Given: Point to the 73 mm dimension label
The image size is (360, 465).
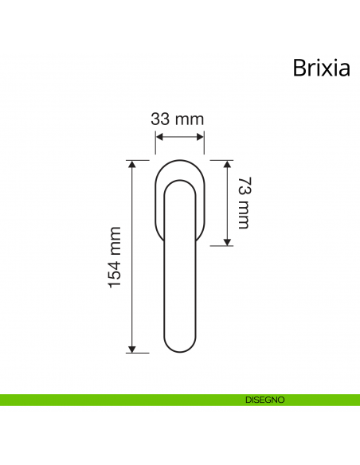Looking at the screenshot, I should (244, 202).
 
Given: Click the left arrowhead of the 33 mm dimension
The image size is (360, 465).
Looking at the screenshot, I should (158, 136).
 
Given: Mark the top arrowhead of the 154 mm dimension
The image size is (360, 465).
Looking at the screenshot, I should (133, 164).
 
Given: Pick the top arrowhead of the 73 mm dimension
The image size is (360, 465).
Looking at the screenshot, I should (227, 164).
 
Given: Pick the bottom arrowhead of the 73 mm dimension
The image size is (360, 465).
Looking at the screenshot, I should (227, 241).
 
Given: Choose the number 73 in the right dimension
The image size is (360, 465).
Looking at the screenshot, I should (244, 187).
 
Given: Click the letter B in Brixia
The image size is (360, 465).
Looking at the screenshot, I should (299, 68).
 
